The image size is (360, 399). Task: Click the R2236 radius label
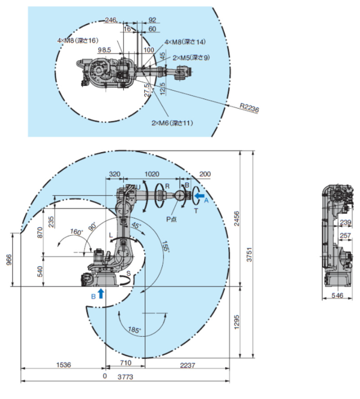[x=250, y=108]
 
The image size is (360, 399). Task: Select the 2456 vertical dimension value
[x=237, y=218]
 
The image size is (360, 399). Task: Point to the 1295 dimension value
[x=237, y=322]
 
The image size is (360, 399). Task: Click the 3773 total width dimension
[x=125, y=377]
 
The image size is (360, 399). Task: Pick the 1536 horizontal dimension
[x=64, y=365]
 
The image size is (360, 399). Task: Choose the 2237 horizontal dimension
[x=187, y=365]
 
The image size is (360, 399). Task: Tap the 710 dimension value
[x=126, y=363]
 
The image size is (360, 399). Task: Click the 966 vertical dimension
[x=9, y=260]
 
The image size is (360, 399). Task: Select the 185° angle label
[x=134, y=330]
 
